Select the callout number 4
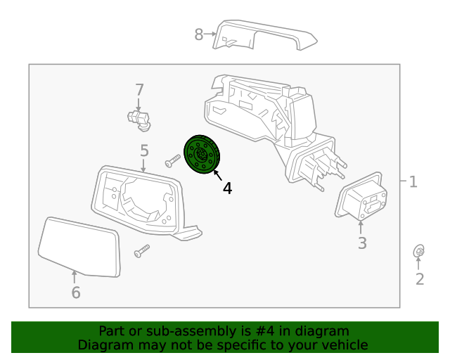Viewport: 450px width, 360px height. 227,188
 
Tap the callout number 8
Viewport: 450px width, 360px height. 198,34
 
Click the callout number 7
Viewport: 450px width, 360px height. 139,90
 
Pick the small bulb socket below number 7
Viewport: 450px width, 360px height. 139,120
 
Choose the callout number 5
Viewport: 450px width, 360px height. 144,150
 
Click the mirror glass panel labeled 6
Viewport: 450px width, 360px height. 79,246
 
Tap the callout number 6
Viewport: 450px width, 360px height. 76,292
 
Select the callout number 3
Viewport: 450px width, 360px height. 362,244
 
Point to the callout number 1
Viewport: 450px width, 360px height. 413,182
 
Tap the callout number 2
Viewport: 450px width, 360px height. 419,279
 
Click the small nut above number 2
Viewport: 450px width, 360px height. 418,251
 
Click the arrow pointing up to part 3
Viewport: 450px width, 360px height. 362,228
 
